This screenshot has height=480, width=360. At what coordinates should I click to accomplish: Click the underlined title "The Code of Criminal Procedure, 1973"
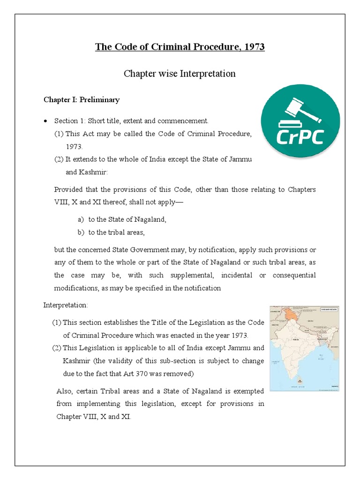click(x=180, y=47)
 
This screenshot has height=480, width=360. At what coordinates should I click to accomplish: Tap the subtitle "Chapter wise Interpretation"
click(x=180, y=74)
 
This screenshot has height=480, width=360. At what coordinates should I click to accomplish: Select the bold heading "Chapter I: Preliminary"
click(x=82, y=100)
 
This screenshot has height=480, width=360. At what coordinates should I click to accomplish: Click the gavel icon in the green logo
click(x=298, y=112)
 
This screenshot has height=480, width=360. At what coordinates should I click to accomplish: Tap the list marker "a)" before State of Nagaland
click(x=81, y=219)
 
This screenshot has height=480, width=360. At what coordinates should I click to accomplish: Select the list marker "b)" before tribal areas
click(x=81, y=232)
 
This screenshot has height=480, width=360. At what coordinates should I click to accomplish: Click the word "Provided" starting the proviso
click(x=69, y=189)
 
